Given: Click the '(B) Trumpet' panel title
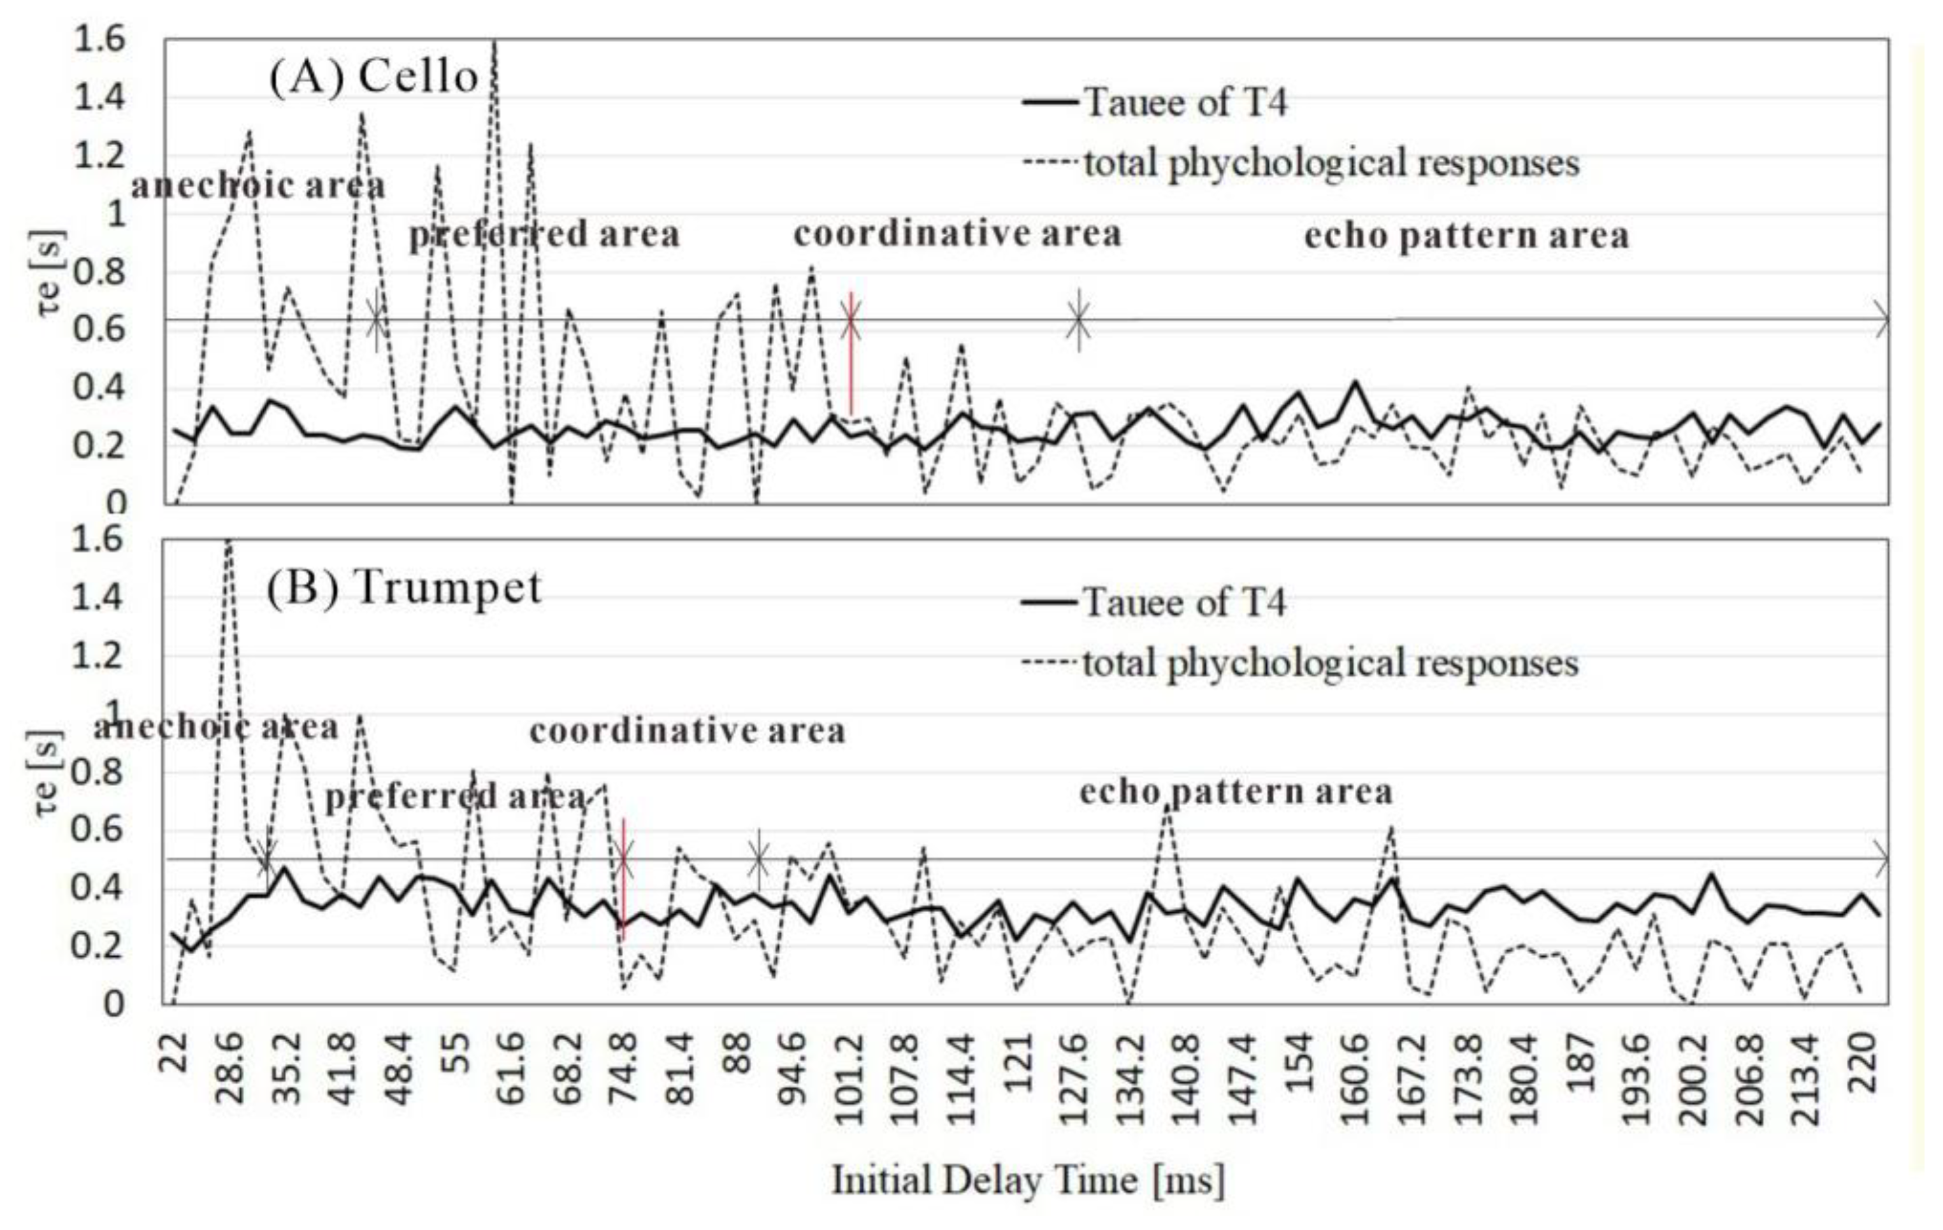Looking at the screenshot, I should (x=403, y=588).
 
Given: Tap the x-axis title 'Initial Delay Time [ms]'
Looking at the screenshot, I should (x=1028, y=1180).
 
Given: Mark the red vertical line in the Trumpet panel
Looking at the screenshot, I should (x=623, y=879).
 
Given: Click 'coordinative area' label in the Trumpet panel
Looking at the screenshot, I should (x=687, y=731).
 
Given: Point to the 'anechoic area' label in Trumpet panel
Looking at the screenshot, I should (x=215, y=727).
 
